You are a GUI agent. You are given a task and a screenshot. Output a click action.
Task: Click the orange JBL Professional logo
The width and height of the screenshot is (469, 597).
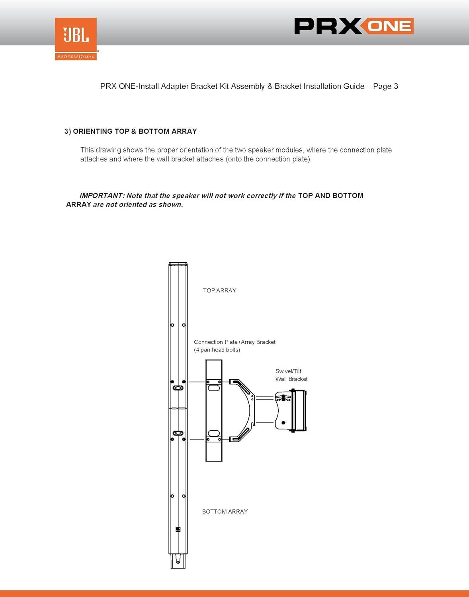pos(76,39)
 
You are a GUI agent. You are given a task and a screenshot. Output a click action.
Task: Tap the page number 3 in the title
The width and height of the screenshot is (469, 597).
pos(396,86)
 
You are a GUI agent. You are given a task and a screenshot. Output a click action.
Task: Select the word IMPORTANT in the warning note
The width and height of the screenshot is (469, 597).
pos(100,195)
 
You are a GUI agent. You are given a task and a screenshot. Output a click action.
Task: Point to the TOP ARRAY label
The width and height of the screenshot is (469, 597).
pos(219,291)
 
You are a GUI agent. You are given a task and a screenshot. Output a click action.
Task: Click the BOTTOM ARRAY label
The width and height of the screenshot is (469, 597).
pos(225,511)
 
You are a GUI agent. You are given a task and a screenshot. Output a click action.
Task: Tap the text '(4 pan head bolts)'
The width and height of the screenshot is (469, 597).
pos(217,350)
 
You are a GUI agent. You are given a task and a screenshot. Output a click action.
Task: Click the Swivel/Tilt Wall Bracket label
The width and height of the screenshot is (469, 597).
pos(291,375)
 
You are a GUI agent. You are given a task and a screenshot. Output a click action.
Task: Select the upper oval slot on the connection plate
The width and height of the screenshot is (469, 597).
pos(214,388)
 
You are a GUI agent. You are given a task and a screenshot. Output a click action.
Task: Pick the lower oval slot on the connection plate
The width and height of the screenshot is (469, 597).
pos(214,433)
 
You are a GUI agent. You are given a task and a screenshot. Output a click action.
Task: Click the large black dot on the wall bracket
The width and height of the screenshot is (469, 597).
pos(283,423)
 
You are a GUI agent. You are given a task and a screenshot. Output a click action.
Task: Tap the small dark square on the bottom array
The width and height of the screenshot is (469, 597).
pos(178,529)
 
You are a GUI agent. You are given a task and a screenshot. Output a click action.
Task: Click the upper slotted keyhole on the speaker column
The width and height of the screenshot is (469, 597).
pos(178,388)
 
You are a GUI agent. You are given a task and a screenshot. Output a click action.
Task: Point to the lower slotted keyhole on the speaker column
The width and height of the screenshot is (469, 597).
pos(178,433)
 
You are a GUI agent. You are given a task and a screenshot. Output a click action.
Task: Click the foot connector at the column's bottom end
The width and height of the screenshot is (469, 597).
pos(178,561)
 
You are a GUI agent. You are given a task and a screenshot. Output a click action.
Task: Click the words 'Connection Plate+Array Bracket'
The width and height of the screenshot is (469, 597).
pos(234,342)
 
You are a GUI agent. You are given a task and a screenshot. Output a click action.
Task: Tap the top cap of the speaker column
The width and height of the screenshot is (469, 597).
pos(178,264)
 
